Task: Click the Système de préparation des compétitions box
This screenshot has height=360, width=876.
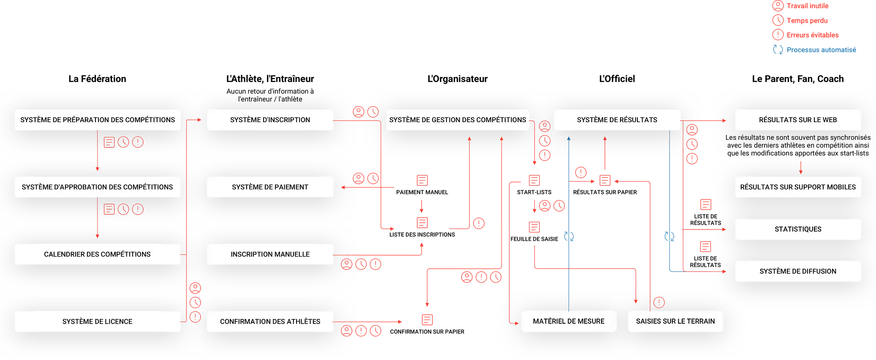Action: [x=97, y=120]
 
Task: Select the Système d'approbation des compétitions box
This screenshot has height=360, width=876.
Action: [x=97, y=187]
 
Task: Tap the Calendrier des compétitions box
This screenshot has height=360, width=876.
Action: [x=97, y=254]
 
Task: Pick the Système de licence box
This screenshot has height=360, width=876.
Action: [x=97, y=322]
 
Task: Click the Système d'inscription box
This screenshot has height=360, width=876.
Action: [x=270, y=120]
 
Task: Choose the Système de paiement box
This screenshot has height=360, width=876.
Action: [x=270, y=187]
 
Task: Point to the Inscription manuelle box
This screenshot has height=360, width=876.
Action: [x=270, y=254]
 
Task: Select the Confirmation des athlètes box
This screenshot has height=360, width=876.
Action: [x=270, y=322]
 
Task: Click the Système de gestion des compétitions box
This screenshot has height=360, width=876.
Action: [x=457, y=120]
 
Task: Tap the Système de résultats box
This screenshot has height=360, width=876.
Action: [x=617, y=120]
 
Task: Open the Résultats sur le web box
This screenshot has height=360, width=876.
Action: [x=797, y=120]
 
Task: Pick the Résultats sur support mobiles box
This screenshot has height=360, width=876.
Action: [x=797, y=187]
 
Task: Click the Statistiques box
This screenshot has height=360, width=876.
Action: [x=797, y=229]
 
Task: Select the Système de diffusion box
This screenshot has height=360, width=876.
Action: [x=797, y=271]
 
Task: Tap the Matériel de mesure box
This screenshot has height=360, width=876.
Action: [x=569, y=322]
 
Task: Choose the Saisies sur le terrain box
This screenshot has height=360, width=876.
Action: [x=675, y=322]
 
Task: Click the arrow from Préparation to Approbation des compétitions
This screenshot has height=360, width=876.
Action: [x=98, y=152]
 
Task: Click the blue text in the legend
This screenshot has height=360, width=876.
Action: [x=822, y=50]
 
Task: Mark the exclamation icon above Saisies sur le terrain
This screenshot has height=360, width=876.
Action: [x=659, y=303]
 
